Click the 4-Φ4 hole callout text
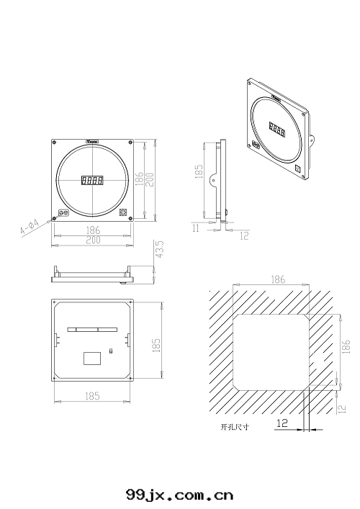coord(28,229)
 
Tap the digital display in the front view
coord(92,181)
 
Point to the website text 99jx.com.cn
coord(179,495)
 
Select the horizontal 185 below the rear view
coord(92,396)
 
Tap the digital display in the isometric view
coord(277,129)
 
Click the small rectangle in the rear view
coord(92,356)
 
